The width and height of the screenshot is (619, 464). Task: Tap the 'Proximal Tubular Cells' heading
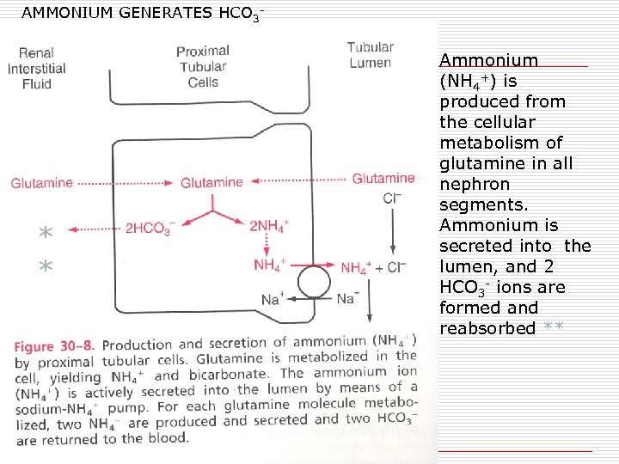202,67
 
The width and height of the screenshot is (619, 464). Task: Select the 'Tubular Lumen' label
370,55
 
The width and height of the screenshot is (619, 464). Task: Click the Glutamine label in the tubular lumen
383,179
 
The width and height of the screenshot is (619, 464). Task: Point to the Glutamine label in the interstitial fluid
41,183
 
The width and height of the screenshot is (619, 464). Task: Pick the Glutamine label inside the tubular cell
211,182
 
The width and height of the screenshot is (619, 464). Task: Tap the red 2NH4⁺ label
269,226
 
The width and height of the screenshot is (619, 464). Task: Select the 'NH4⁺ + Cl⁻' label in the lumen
373,267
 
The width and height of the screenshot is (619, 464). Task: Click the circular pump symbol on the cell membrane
314,280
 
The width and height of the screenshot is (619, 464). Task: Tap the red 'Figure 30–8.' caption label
54,345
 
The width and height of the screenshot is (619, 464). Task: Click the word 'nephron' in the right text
475,184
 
